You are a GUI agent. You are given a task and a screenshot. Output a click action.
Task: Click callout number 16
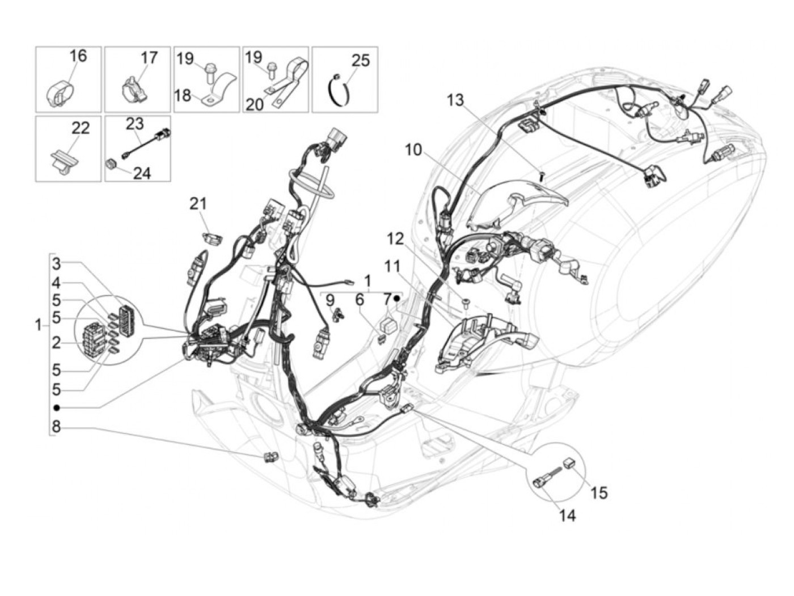78,56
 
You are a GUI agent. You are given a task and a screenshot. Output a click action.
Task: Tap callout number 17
149,58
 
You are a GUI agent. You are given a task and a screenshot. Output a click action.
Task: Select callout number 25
361,60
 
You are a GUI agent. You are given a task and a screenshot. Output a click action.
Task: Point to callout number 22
81,128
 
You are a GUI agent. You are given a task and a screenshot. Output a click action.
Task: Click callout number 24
142,172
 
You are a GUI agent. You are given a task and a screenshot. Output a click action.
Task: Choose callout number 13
455,100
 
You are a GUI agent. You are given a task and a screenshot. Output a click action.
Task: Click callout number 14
568,516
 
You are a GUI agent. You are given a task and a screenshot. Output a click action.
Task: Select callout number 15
599,493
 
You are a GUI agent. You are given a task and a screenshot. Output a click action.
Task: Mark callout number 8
56,425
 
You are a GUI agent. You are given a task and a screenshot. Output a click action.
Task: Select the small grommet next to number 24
111,164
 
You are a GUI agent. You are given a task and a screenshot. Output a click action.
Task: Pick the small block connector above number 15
569,463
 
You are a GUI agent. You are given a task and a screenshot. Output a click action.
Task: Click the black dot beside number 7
397,298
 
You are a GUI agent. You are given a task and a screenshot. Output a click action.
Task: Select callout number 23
135,124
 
